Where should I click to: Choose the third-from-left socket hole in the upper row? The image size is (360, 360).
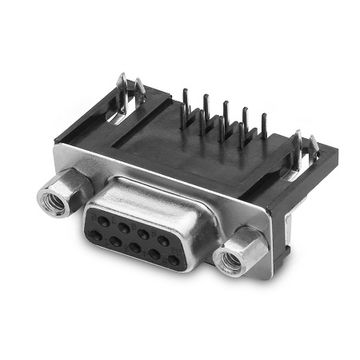143,234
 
